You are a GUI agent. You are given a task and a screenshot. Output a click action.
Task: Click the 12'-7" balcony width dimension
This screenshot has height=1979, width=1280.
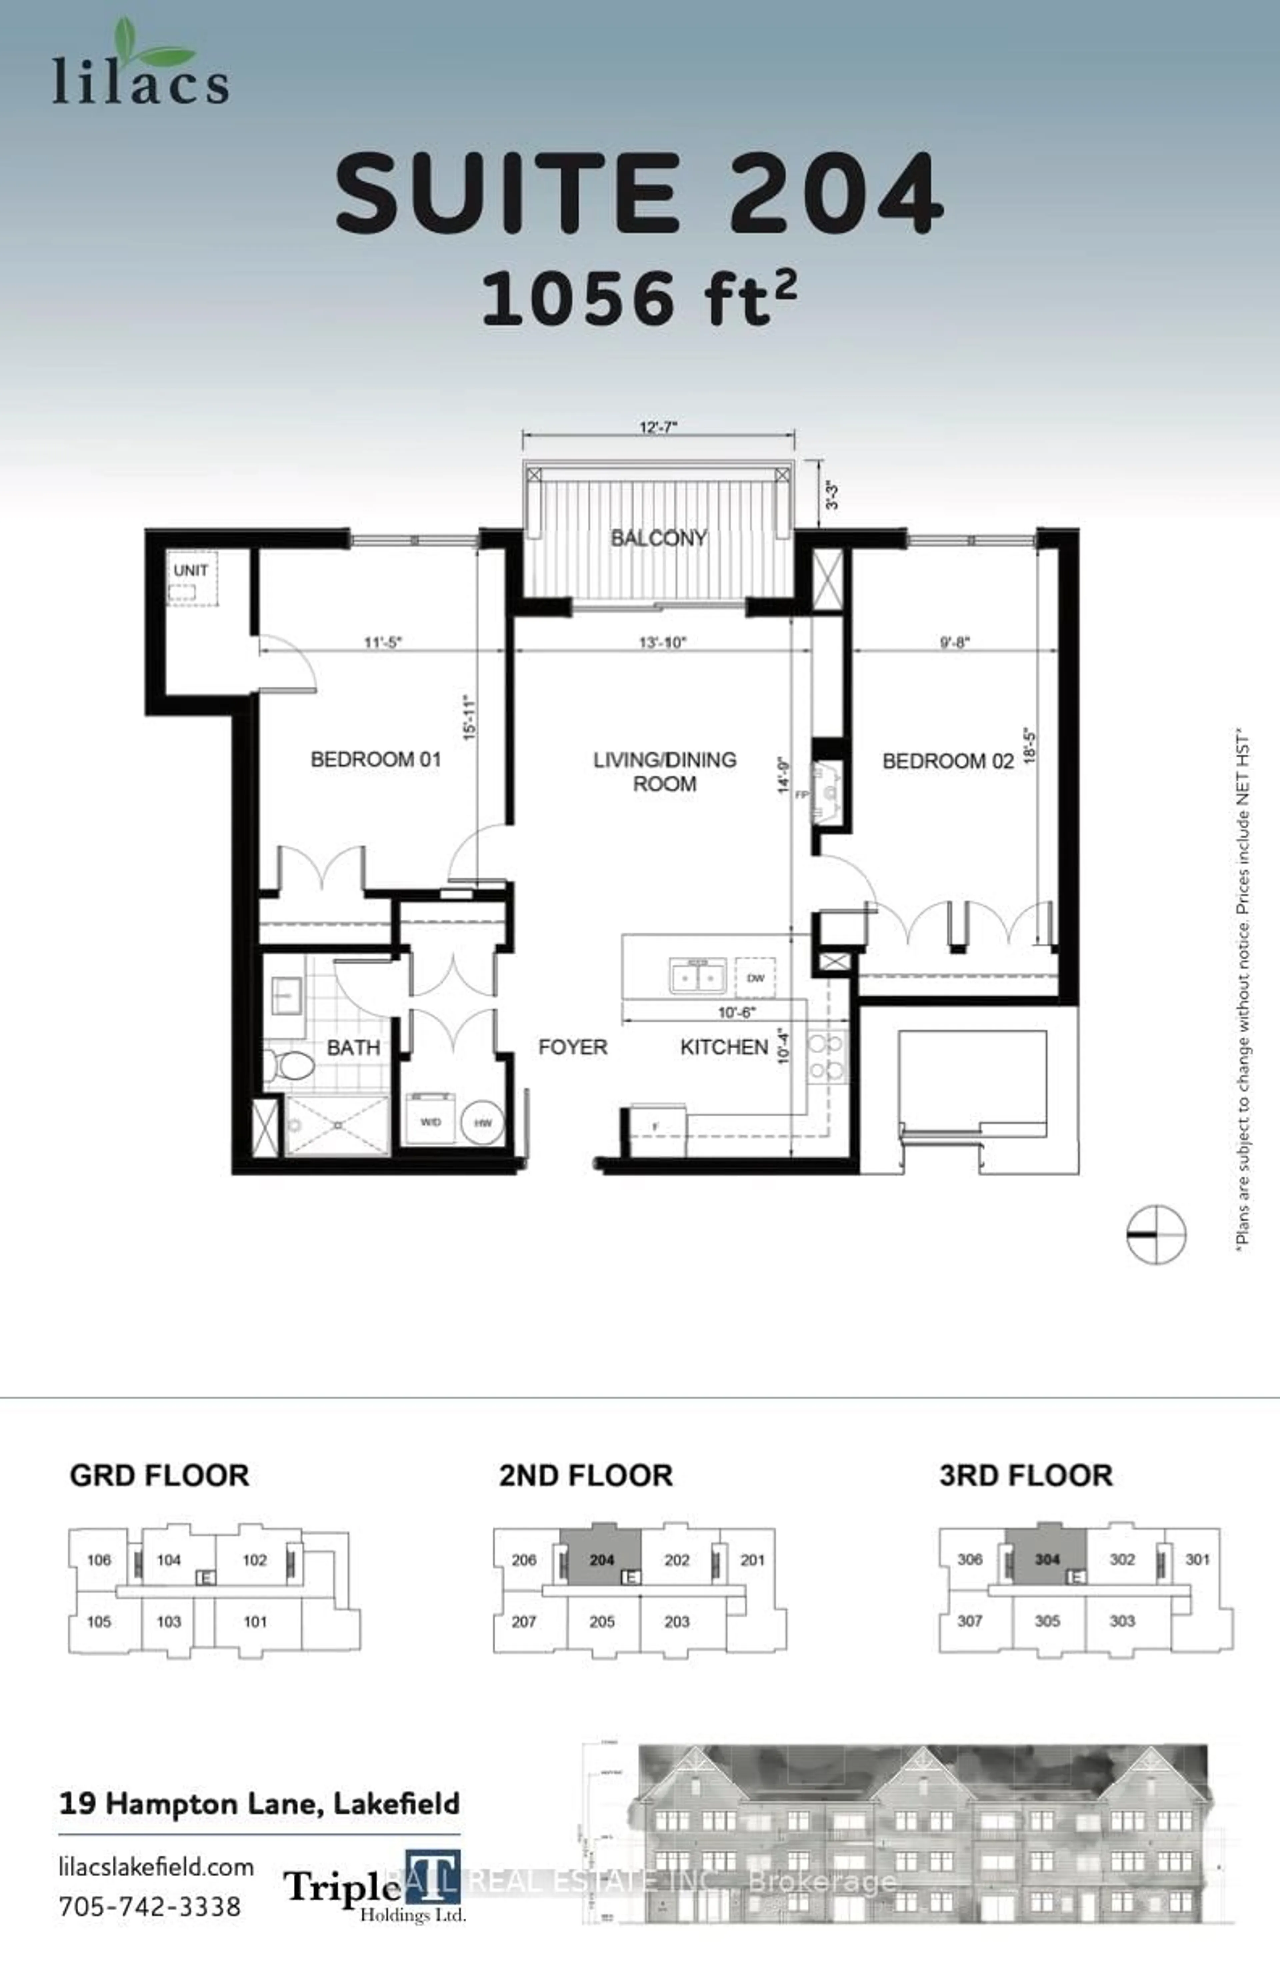(x=658, y=427)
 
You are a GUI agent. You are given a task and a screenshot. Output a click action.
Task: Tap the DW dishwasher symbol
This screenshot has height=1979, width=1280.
(x=755, y=978)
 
